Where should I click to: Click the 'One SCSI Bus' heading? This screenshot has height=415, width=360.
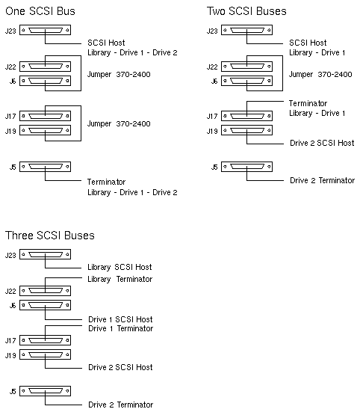click(x=40, y=11)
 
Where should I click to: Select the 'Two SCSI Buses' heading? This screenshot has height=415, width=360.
click(x=246, y=11)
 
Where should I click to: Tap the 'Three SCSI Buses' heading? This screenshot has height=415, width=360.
click(x=50, y=236)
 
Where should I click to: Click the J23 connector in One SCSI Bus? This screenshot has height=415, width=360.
click(x=46, y=30)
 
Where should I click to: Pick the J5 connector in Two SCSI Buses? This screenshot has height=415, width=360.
click(x=247, y=167)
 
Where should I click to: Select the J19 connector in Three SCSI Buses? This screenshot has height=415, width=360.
click(x=46, y=354)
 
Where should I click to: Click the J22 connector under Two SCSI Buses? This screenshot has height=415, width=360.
click(x=247, y=67)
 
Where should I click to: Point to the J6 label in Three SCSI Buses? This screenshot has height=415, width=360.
click(x=13, y=305)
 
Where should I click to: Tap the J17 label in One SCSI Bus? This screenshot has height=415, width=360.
click(x=10, y=116)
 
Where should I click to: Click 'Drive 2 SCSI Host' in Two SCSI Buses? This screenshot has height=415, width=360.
click(x=322, y=143)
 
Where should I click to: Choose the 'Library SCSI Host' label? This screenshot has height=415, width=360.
click(x=120, y=267)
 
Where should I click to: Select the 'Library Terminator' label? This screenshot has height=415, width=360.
click(x=120, y=279)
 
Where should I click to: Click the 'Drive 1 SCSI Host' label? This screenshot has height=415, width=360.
click(x=120, y=319)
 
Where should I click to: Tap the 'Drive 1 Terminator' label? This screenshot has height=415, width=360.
click(x=120, y=328)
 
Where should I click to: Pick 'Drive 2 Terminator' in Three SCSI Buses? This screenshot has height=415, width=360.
click(x=120, y=405)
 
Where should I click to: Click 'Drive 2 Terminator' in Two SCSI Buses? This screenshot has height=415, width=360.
click(x=322, y=180)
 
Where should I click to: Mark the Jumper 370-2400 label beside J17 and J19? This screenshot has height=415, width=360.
click(x=119, y=123)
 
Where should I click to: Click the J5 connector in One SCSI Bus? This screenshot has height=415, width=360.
click(x=46, y=167)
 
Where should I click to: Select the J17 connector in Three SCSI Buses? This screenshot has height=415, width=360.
click(x=46, y=340)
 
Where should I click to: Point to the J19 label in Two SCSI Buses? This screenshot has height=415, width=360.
click(x=212, y=131)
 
